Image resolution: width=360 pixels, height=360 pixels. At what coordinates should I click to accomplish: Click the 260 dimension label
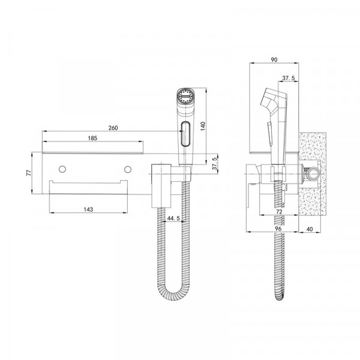pos(113,128)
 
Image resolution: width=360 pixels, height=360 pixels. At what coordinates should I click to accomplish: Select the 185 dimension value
pos(92,138)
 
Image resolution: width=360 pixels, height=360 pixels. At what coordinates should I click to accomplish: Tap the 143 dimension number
pos(88,209)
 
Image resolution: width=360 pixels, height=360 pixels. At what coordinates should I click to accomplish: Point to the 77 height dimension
pos(29,173)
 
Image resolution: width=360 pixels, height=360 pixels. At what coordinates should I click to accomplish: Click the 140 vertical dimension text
pos(203,126)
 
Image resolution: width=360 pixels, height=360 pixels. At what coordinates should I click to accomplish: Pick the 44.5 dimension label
pos(173,218)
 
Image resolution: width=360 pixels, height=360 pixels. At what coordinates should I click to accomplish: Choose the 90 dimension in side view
pos(274,59)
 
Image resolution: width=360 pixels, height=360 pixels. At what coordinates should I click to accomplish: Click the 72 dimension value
pos(279,211)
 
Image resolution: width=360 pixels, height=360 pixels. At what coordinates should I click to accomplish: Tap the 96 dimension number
pos(278,229)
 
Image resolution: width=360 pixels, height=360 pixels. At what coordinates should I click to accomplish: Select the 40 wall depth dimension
pos(310,229)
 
